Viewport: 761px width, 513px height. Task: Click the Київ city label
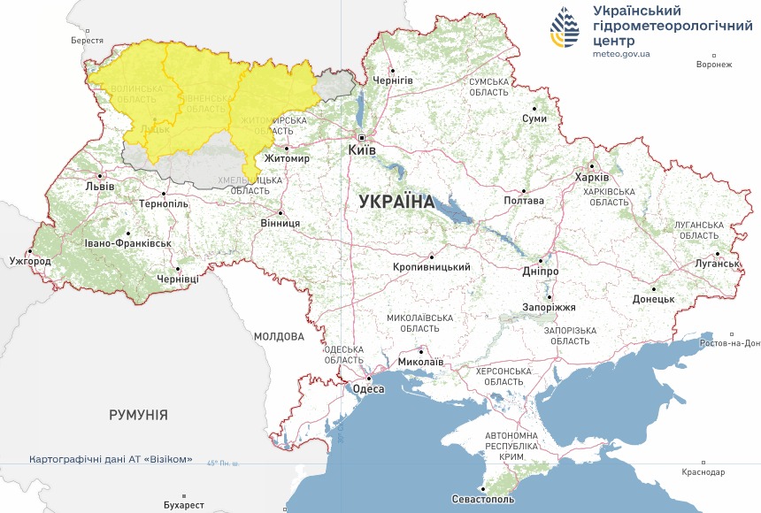coord(363,150)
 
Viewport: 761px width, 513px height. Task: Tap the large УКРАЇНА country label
coord(397,202)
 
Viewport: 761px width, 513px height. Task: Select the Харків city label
coord(592,177)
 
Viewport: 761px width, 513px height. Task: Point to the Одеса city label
coord(368,388)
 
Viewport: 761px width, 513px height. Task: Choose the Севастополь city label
coord(483,500)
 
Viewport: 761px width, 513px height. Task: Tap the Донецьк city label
coord(653,299)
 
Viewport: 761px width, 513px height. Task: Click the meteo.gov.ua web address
coord(621,54)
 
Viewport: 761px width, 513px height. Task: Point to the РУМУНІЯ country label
coord(138,415)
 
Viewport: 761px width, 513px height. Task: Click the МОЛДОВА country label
coord(279,336)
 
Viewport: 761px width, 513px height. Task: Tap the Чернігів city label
coord(393,80)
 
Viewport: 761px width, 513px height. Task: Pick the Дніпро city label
coord(540,271)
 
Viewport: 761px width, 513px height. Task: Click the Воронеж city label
coord(714,65)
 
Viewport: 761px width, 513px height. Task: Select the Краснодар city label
coord(703,473)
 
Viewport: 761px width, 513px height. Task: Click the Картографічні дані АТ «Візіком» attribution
coord(111,460)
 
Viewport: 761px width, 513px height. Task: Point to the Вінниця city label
coord(280,224)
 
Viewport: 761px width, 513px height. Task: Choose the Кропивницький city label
coord(432,266)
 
